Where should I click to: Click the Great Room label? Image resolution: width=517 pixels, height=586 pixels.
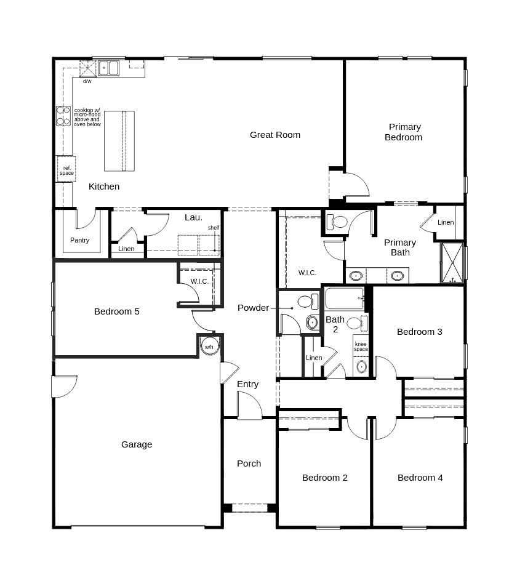point(275,135)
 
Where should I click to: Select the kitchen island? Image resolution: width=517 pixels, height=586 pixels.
point(119,141)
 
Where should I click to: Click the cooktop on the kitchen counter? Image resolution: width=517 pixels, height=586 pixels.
point(63,116)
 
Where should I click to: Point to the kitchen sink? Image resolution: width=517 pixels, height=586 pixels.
point(109,67)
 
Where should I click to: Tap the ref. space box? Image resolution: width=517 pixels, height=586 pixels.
point(66,171)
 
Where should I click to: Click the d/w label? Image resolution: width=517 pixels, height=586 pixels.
point(87,81)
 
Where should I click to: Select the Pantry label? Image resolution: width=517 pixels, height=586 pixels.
point(79,240)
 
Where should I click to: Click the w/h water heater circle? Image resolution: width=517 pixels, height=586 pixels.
point(209,347)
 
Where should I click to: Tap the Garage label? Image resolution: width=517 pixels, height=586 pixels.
point(137,444)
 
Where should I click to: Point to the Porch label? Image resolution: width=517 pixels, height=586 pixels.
point(249,464)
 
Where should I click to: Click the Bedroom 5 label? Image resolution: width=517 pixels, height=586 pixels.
point(117,311)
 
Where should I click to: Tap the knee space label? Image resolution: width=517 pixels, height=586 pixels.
point(361,347)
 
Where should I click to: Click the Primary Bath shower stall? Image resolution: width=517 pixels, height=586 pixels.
point(452,263)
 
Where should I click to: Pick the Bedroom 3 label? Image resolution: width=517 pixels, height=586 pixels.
point(420,332)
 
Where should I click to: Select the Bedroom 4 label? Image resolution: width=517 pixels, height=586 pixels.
point(420,478)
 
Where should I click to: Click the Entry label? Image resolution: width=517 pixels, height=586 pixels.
point(248,384)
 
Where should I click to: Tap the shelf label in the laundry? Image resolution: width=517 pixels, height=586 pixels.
point(213,228)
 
